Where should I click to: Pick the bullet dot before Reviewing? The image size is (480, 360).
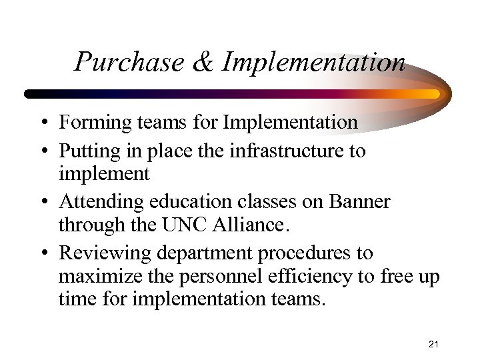tap(42, 254)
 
